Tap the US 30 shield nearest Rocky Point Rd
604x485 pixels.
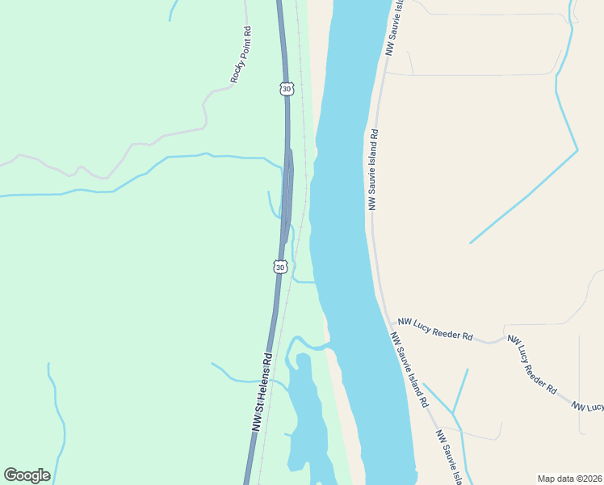287,88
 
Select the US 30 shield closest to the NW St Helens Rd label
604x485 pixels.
279,266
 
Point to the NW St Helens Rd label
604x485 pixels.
263,392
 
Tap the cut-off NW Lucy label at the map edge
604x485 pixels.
588,407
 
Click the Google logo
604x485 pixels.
27,475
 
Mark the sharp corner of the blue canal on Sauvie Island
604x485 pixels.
577,150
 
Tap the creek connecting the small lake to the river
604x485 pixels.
311,348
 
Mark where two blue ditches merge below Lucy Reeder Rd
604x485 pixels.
455,415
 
